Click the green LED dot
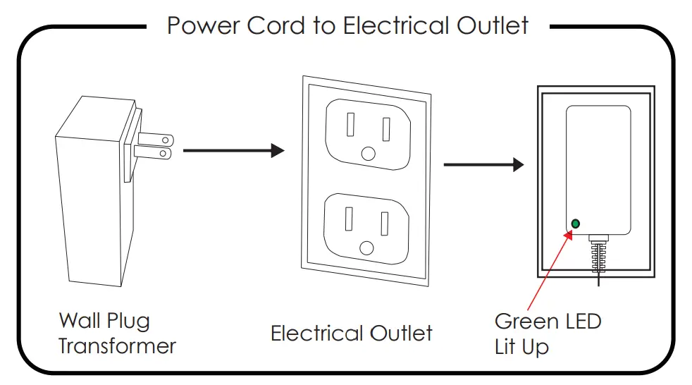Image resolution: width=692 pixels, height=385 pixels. click(x=575, y=224)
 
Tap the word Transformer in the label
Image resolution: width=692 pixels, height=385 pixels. click(x=117, y=346)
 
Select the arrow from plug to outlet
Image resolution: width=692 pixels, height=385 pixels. click(x=233, y=150)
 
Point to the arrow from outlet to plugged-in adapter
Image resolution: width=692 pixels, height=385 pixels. click(x=483, y=164)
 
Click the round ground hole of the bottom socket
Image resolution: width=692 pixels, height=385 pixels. click(x=366, y=247)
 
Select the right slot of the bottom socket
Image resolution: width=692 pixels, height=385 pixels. click(x=385, y=224)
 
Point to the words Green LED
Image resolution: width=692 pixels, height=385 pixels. click(x=548, y=322)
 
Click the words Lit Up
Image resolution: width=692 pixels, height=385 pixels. click(x=521, y=347)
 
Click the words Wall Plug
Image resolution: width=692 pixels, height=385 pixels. click(x=104, y=321)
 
